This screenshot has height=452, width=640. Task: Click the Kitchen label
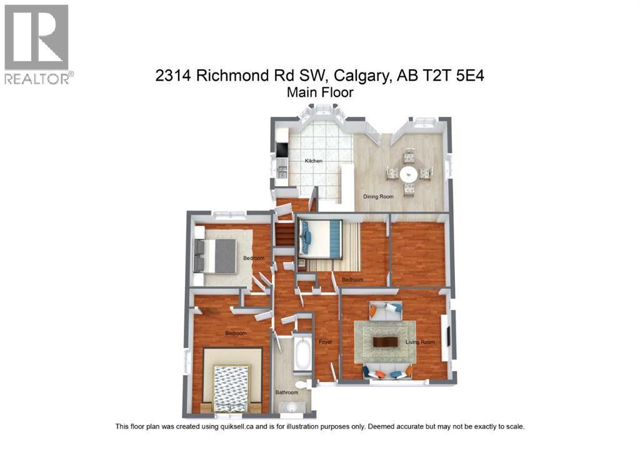click(x=314, y=161)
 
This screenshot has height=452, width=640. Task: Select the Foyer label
click(x=325, y=342)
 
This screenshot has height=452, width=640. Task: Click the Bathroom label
click(x=287, y=393)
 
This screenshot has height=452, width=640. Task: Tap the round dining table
click(x=409, y=173)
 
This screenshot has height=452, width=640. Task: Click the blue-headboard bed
click(x=321, y=238)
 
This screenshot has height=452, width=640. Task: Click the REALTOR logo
click(x=37, y=44)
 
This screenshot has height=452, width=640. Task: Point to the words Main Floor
click(x=320, y=93)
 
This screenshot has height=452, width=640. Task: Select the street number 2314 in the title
click(x=173, y=76)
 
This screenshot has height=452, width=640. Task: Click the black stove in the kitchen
click(x=282, y=150)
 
